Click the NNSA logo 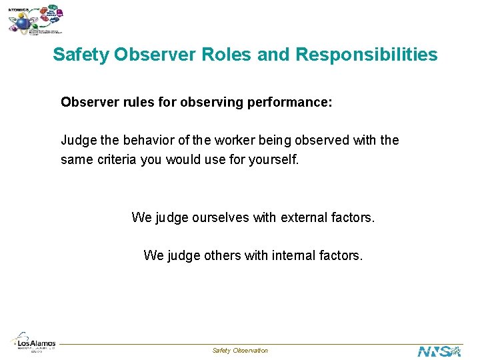click(439, 351)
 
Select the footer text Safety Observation click(240, 351)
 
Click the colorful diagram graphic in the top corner click(37, 20)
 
